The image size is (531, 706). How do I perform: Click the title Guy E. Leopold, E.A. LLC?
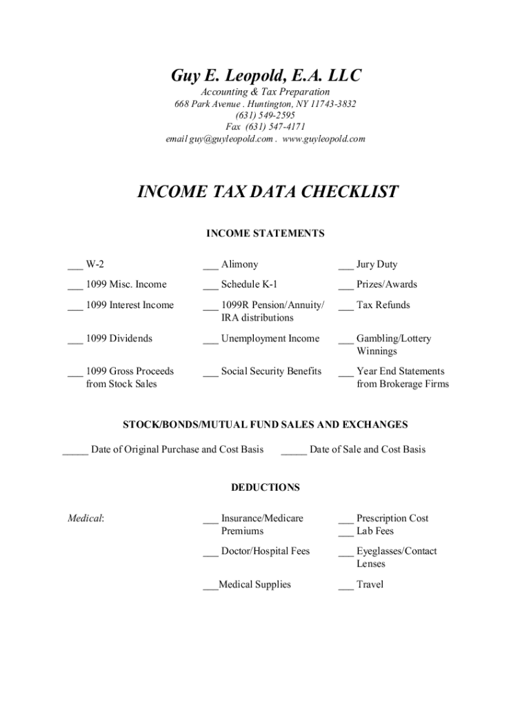(x=265, y=75)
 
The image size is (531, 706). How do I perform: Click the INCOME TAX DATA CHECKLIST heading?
(x=268, y=192)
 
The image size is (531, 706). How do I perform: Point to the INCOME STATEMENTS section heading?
(x=265, y=234)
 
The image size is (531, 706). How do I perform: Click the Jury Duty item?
(x=377, y=264)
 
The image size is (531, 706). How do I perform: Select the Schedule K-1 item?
(x=249, y=284)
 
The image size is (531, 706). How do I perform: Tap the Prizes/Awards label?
(x=386, y=284)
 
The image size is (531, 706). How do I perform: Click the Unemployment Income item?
(x=270, y=339)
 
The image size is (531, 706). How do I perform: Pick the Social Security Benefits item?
(x=271, y=371)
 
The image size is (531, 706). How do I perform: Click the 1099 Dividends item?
(x=119, y=339)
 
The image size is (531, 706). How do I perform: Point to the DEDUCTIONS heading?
(x=265, y=487)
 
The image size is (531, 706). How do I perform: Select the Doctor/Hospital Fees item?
(x=265, y=551)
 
